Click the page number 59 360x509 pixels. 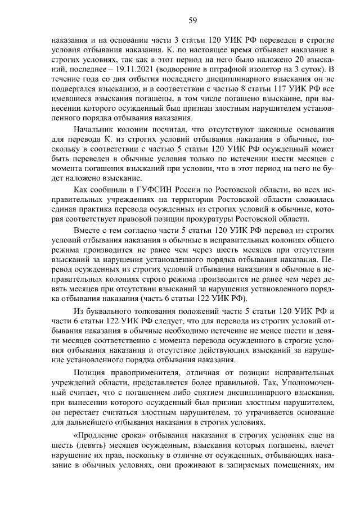[x=192, y=21]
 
